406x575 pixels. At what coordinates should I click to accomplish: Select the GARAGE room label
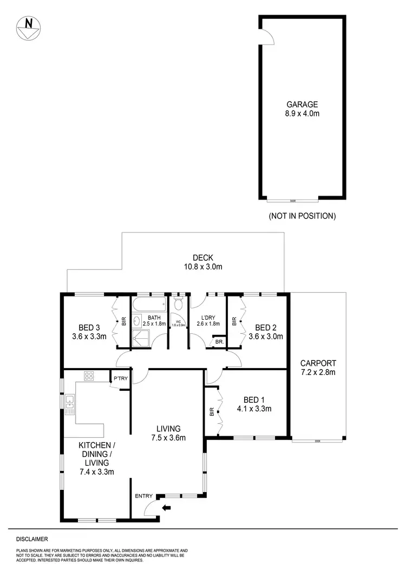click(x=302, y=105)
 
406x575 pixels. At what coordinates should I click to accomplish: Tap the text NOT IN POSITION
click(x=302, y=216)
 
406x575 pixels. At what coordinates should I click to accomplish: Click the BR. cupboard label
click(x=219, y=343)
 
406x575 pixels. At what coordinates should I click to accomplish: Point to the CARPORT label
click(x=318, y=363)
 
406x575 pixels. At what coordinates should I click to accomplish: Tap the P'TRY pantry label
click(x=120, y=378)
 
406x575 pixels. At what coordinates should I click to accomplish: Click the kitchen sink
click(x=70, y=401)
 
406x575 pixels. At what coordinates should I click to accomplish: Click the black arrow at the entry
click(x=167, y=508)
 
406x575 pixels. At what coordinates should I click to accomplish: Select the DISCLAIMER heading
click(x=32, y=539)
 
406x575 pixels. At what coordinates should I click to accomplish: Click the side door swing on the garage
click(x=266, y=37)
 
